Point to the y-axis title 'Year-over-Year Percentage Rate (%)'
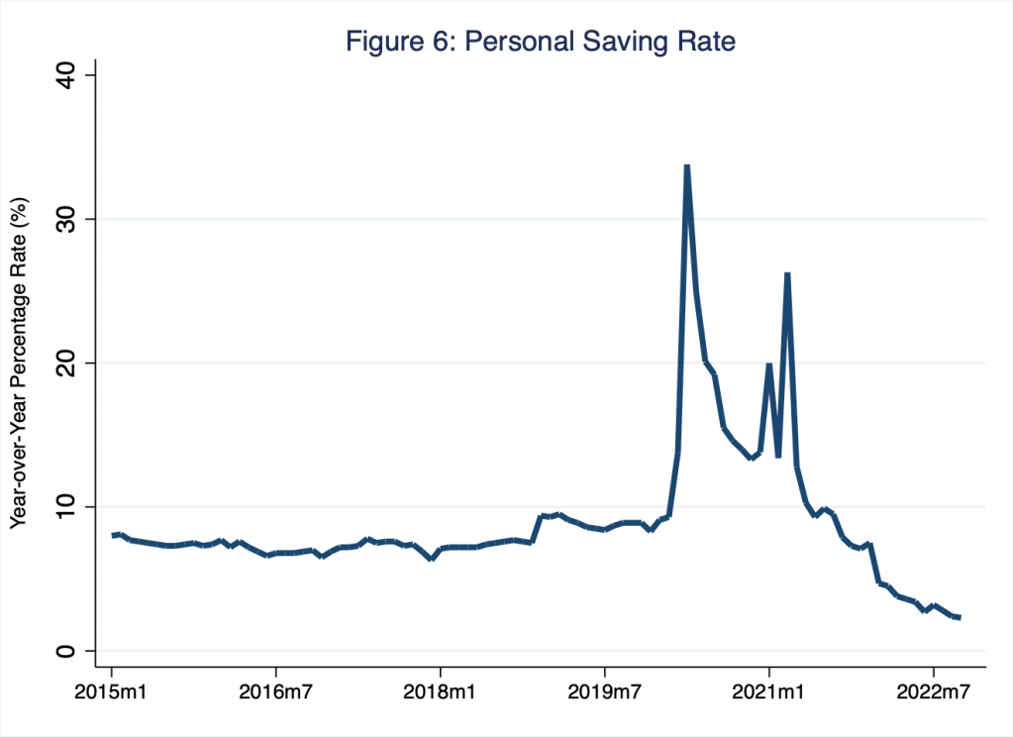(19, 363)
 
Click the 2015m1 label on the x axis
(111, 688)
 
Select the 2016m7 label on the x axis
(275, 688)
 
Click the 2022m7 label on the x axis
(933, 688)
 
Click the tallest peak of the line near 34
(686, 166)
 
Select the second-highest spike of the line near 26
(787, 273)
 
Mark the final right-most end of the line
(960, 617)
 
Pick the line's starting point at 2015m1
(112, 535)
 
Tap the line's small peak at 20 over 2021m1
(768, 365)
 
